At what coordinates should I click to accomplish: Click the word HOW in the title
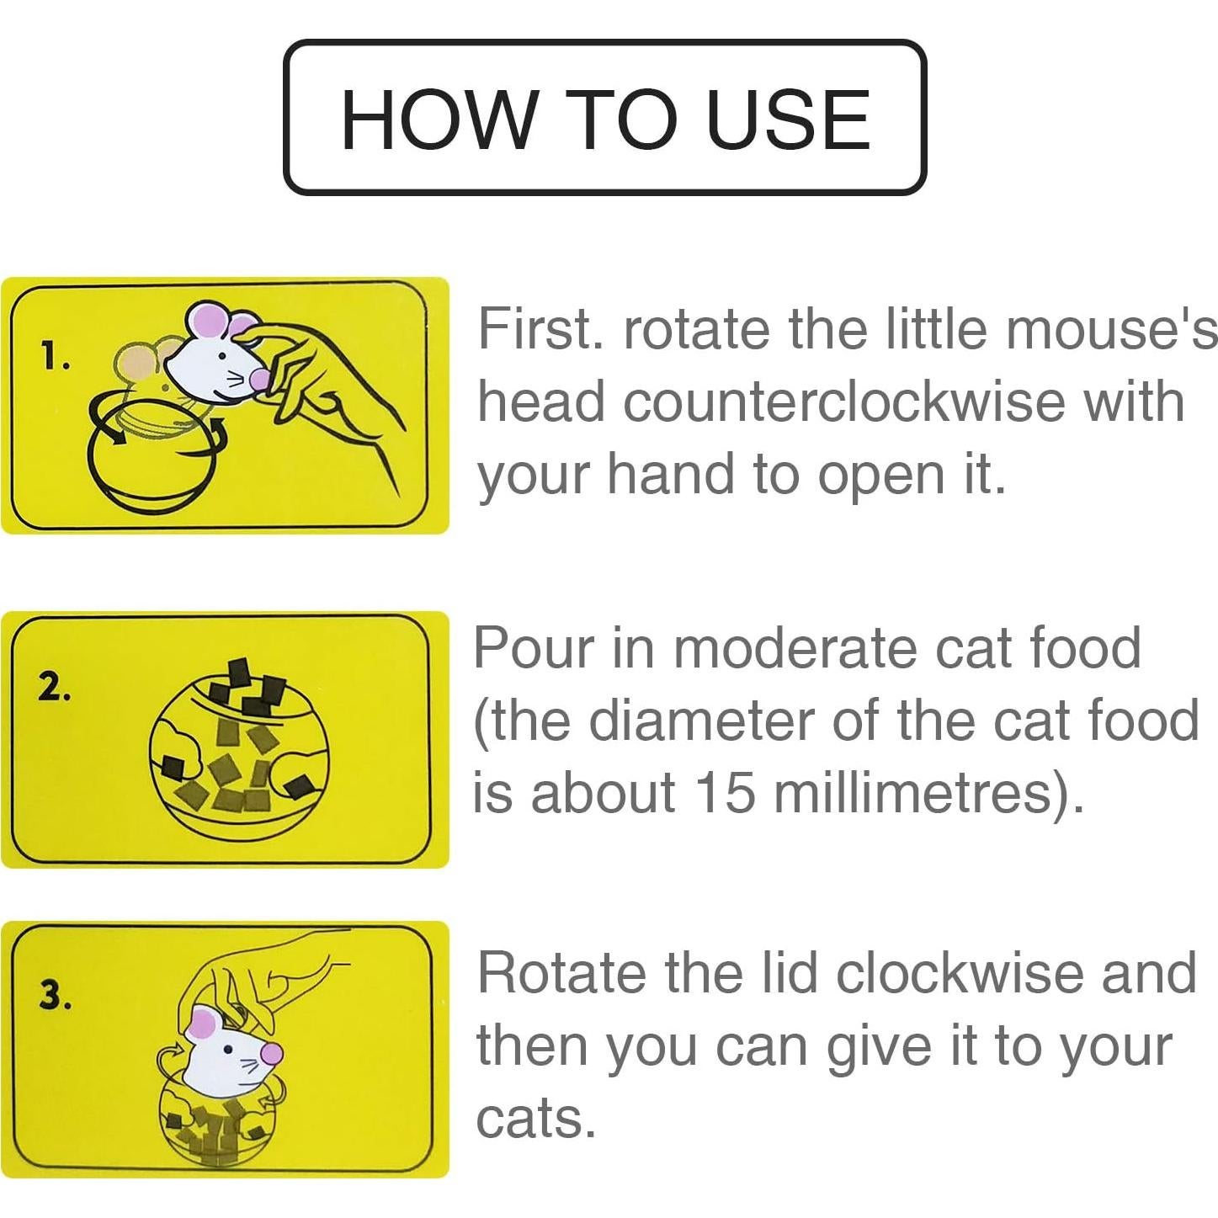click(x=438, y=120)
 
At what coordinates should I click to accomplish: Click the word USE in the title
click(x=788, y=120)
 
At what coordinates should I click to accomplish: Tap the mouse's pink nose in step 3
click(x=272, y=1052)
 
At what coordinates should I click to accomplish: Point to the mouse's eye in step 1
click(x=222, y=356)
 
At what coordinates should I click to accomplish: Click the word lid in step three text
click(x=788, y=973)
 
